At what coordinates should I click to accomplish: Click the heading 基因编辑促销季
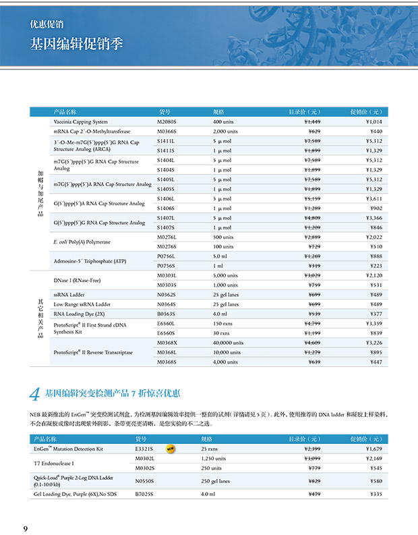tap(76, 44)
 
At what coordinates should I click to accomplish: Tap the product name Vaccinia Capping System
tap(80, 121)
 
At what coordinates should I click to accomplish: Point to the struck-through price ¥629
tap(313, 131)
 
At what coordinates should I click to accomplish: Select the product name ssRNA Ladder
tap(70, 295)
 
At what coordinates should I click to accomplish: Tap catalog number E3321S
tap(145, 448)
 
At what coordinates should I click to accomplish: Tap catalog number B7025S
tap(146, 494)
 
